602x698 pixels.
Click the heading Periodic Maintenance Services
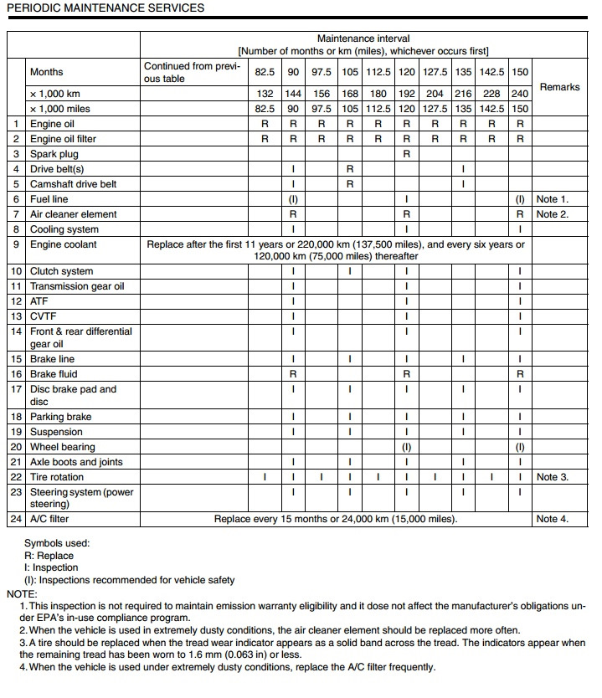tap(105, 8)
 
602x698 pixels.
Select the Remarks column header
tap(559, 87)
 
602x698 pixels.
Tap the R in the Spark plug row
tap(406, 154)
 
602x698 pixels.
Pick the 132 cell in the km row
tap(265, 94)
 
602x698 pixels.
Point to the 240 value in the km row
tap(520, 94)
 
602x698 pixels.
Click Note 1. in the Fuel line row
tap(552, 199)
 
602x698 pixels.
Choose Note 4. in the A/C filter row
tap(552, 519)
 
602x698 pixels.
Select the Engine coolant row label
tap(63, 244)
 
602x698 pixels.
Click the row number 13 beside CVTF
tap(17, 316)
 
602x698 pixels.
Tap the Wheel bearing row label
tap(62, 447)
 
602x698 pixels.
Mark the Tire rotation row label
tap(57, 477)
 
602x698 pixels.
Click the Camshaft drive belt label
tap(74, 184)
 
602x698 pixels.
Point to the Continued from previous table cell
tap(193, 72)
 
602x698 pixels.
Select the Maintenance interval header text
tap(363, 39)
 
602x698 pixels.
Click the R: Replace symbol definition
tap(49, 556)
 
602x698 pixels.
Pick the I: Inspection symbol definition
tap(54, 567)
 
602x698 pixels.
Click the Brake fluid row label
tap(54, 374)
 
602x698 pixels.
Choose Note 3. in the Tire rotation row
tap(552, 477)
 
